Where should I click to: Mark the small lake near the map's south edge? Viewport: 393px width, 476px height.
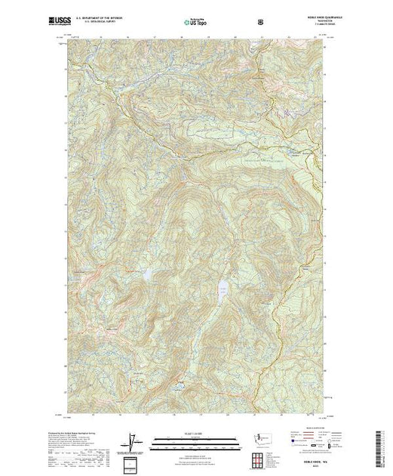[179, 385]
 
